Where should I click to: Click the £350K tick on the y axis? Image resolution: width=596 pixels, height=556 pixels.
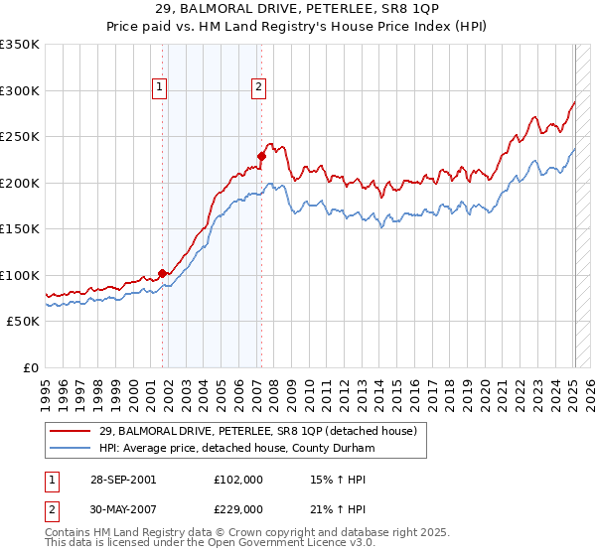[20, 45]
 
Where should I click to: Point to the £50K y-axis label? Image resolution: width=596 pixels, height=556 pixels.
[24, 322]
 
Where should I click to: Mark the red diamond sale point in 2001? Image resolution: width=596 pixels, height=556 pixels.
[162, 274]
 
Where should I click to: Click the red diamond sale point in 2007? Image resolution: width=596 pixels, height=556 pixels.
[261, 156]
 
